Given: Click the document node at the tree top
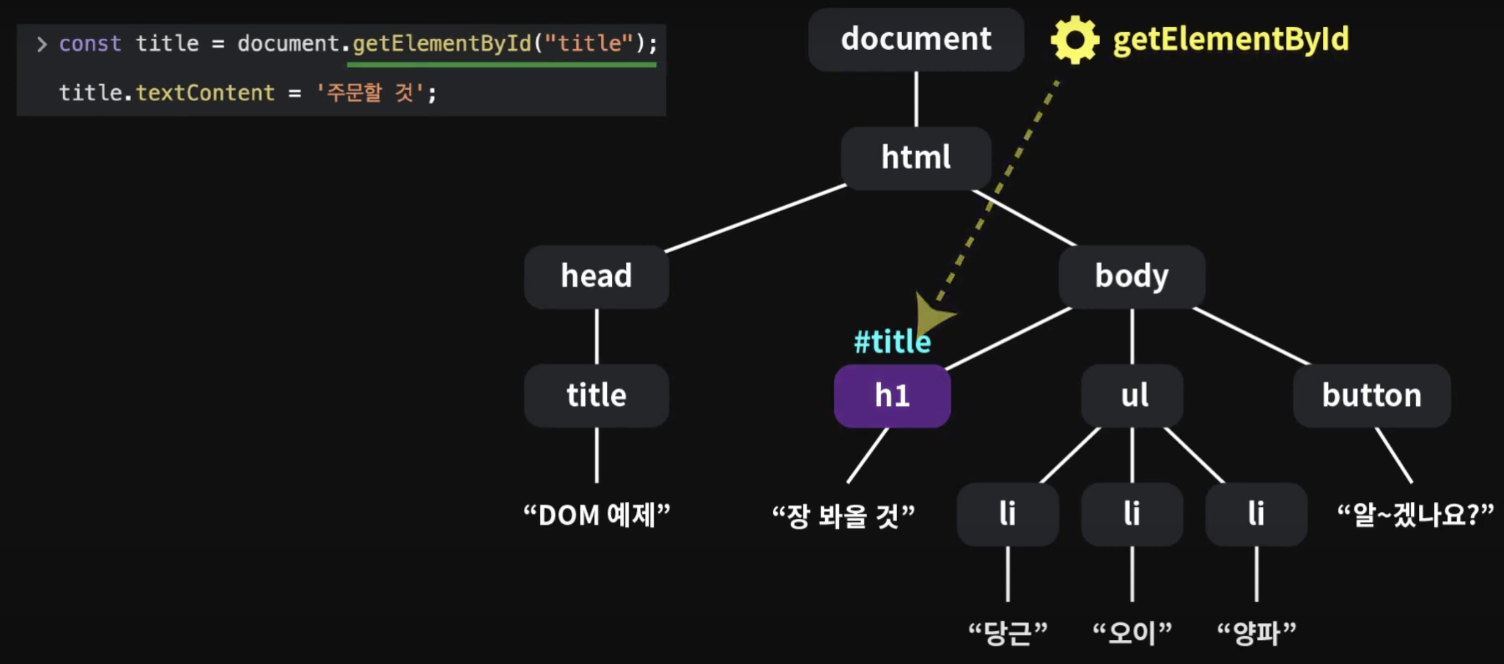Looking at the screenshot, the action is point(916,40).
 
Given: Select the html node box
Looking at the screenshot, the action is point(916,158).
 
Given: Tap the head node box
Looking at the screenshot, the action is point(596,276).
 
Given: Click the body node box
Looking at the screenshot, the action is point(1131,276).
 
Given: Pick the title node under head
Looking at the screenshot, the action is point(596,395).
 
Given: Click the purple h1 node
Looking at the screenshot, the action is point(892,396).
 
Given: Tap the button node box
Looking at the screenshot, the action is point(1371,395).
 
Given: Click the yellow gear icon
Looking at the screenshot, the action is point(1075,40).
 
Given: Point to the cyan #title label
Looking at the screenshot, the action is point(892,342).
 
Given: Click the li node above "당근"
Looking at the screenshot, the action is point(1007,514).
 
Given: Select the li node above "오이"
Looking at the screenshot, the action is point(1131,514).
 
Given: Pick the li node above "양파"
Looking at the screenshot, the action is point(1256,514).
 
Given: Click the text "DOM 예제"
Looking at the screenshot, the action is point(596,515).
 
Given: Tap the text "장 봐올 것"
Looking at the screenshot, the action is point(843,516).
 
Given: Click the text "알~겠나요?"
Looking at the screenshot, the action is point(1415,515).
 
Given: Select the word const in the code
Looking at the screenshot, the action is point(90,44).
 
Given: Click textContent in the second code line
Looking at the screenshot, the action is point(205,93).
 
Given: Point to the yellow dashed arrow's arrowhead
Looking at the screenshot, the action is point(932,316).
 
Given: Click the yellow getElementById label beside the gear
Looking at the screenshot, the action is point(1231,40).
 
